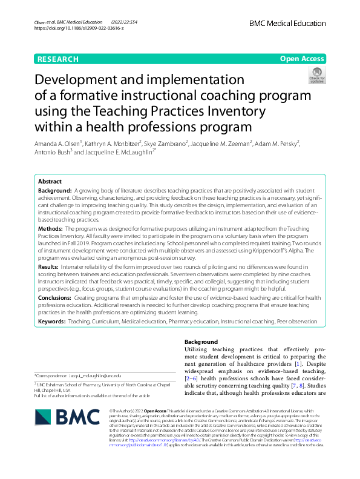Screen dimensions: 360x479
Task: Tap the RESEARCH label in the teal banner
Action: click(x=57, y=59)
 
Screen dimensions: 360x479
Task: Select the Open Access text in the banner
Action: click(x=302, y=59)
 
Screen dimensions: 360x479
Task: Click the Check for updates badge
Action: click(x=316, y=75)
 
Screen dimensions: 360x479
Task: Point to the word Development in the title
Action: click(x=80, y=81)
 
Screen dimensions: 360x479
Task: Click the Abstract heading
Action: click(x=50, y=182)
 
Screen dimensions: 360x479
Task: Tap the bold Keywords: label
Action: click(x=53, y=322)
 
